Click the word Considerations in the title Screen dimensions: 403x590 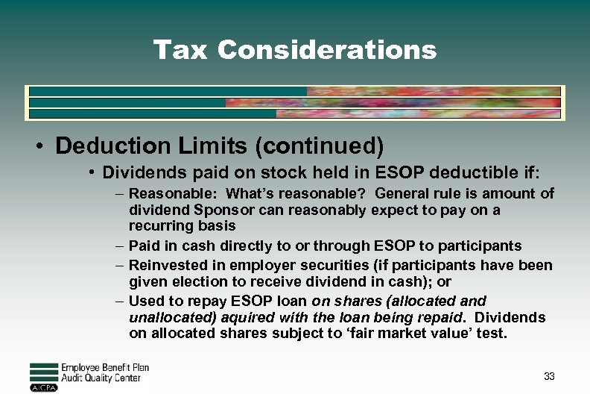pos(327,50)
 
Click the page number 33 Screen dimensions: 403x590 pos(549,376)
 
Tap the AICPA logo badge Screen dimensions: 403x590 pos(43,388)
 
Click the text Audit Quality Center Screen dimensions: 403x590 pos(100,378)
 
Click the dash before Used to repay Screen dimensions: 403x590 pos(120,302)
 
